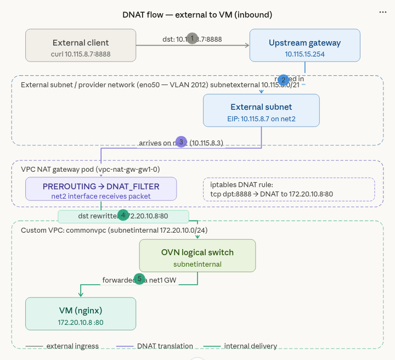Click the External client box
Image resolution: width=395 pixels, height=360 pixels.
coord(81,45)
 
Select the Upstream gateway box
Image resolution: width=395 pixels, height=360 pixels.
coord(304,45)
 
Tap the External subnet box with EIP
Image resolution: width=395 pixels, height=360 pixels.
coord(261,110)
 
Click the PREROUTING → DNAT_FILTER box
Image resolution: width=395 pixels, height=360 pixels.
coord(101,189)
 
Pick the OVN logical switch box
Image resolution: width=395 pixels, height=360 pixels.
coord(198,255)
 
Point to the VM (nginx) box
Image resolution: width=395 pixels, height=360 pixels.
coord(81,314)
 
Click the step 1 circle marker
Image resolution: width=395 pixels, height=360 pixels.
coord(192,38)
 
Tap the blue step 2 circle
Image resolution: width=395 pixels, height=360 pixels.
coord(284,80)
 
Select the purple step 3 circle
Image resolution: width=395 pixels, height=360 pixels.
coord(181,142)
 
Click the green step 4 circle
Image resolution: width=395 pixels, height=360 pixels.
coord(125,215)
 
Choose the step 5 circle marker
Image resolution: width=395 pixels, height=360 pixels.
coord(139,279)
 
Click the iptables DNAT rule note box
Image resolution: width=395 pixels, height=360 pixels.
coord(289,189)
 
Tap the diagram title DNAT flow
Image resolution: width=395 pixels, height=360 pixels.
coord(197,14)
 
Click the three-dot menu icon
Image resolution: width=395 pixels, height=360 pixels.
coord(383,12)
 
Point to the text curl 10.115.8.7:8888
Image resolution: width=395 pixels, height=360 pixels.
coord(81,54)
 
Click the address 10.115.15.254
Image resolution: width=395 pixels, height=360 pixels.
coord(304,54)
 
